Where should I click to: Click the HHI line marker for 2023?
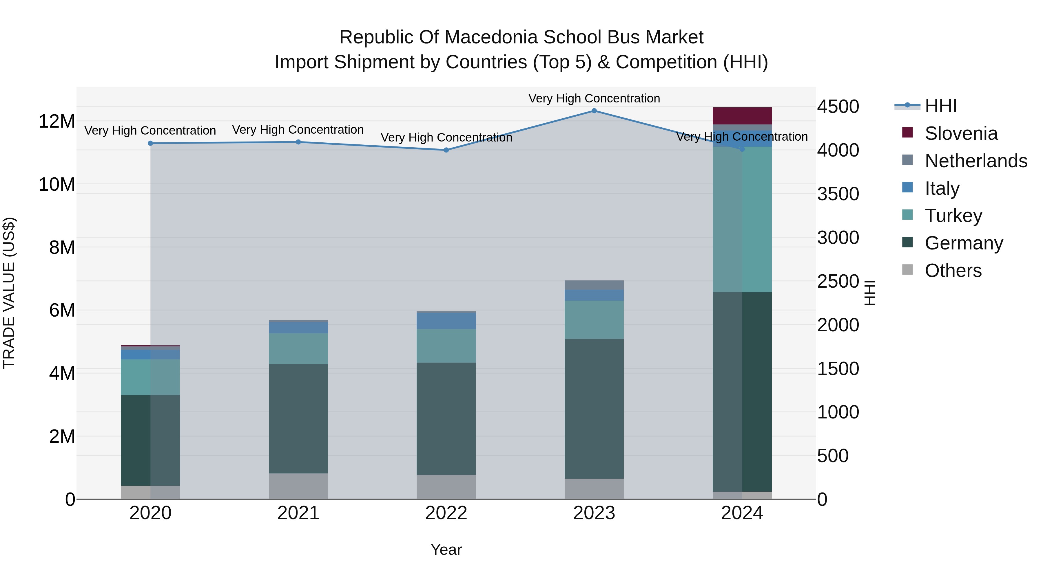coord(594,111)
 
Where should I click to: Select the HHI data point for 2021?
coord(298,142)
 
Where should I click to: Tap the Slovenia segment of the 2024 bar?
coord(742,116)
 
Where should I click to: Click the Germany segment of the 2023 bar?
coord(594,408)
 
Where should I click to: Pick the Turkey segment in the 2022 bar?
coord(446,346)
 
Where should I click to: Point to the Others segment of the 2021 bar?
coord(298,486)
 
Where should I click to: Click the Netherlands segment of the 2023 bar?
coord(594,285)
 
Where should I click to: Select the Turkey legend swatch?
coord(908,215)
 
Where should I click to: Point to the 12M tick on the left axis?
coord(57,121)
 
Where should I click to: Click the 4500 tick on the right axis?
coord(838,107)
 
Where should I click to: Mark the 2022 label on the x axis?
coord(446,513)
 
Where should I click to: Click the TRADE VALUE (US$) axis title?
coord(9,293)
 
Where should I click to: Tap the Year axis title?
coord(446,550)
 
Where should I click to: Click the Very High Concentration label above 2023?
coord(594,98)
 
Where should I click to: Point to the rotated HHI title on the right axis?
coord(869,293)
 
